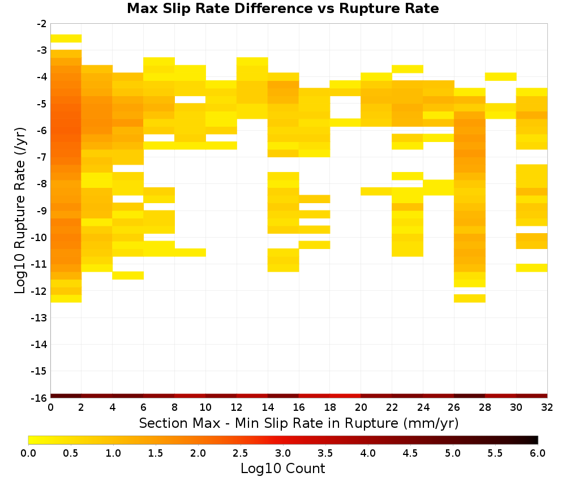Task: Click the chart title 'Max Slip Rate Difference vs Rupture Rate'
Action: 282,8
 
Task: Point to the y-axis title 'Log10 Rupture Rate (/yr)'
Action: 20,211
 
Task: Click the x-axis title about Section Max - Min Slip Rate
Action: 298,423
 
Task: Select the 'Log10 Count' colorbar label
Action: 282,469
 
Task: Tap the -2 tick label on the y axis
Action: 42,24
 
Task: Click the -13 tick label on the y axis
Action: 40,317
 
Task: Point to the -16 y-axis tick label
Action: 40,398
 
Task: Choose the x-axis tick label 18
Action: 330,407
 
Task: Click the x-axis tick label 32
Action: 547,407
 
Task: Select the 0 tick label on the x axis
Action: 50,407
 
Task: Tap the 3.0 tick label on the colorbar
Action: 283,453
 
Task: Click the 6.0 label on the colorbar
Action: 538,453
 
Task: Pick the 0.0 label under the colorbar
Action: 28,453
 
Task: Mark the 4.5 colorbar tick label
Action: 410,453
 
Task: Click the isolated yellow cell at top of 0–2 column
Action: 66,38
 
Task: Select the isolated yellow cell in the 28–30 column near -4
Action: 501,76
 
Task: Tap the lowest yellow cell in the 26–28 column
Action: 470,298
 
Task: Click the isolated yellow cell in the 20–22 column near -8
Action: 376,191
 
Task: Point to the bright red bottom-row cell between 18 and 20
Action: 345,396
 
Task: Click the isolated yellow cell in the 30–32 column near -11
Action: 531,268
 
